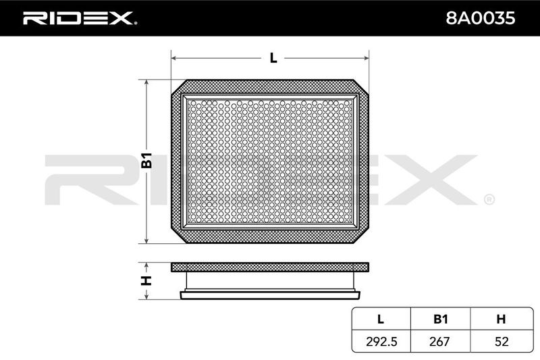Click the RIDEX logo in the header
tap(79, 18)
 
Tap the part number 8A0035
tap(481, 18)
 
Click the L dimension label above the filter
tap(273, 58)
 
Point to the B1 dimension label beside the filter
tap(146, 160)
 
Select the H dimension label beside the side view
tap(146, 281)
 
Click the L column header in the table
tap(381, 319)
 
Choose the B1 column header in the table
tap(440, 319)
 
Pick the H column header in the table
tap(501, 319)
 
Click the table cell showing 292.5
tap(381, 341)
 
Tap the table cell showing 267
tap(440, 341)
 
